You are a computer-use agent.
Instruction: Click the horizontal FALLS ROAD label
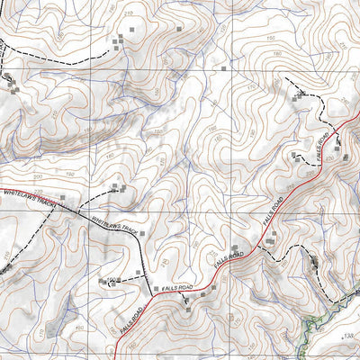pos(179,287)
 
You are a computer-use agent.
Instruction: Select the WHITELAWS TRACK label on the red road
pos(30,202)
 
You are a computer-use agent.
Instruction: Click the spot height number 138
pos(349,336)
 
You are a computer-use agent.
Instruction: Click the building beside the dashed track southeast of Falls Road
pos(314,262)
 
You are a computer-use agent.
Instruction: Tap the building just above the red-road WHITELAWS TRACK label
pos(61,195)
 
